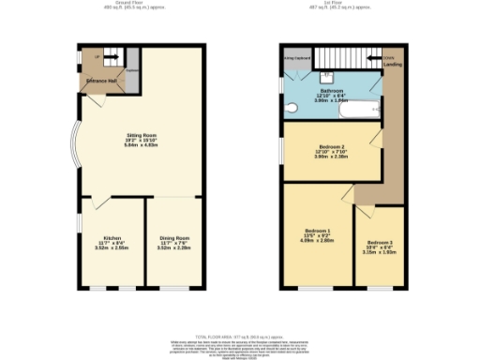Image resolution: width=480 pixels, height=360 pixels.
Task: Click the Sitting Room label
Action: click(x=141, y=136)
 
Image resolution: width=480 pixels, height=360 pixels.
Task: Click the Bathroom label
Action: click(x=329, y=91)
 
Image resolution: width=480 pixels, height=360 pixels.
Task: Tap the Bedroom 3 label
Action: click(x=380, y=244)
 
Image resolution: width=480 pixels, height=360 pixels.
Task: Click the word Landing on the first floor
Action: click(x=393, y=65)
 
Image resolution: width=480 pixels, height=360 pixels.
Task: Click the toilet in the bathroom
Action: click(x=328, y=75)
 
